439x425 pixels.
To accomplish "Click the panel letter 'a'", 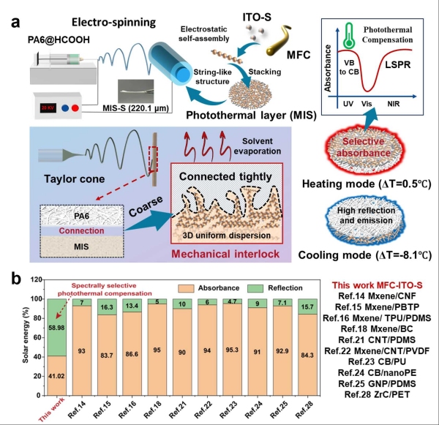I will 13,18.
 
